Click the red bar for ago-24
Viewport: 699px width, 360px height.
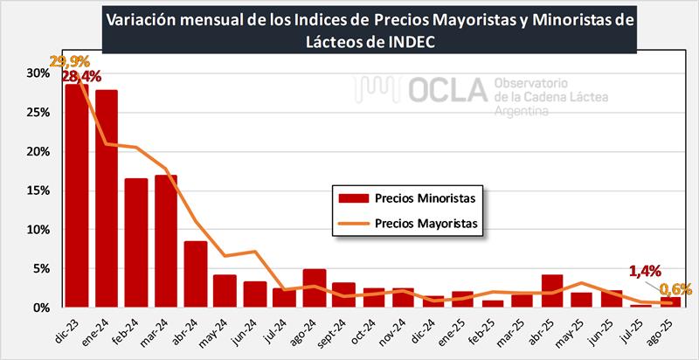coord(315,288)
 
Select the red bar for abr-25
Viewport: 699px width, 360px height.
coord(551,291)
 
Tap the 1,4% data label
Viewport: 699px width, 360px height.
coord(647,271)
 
